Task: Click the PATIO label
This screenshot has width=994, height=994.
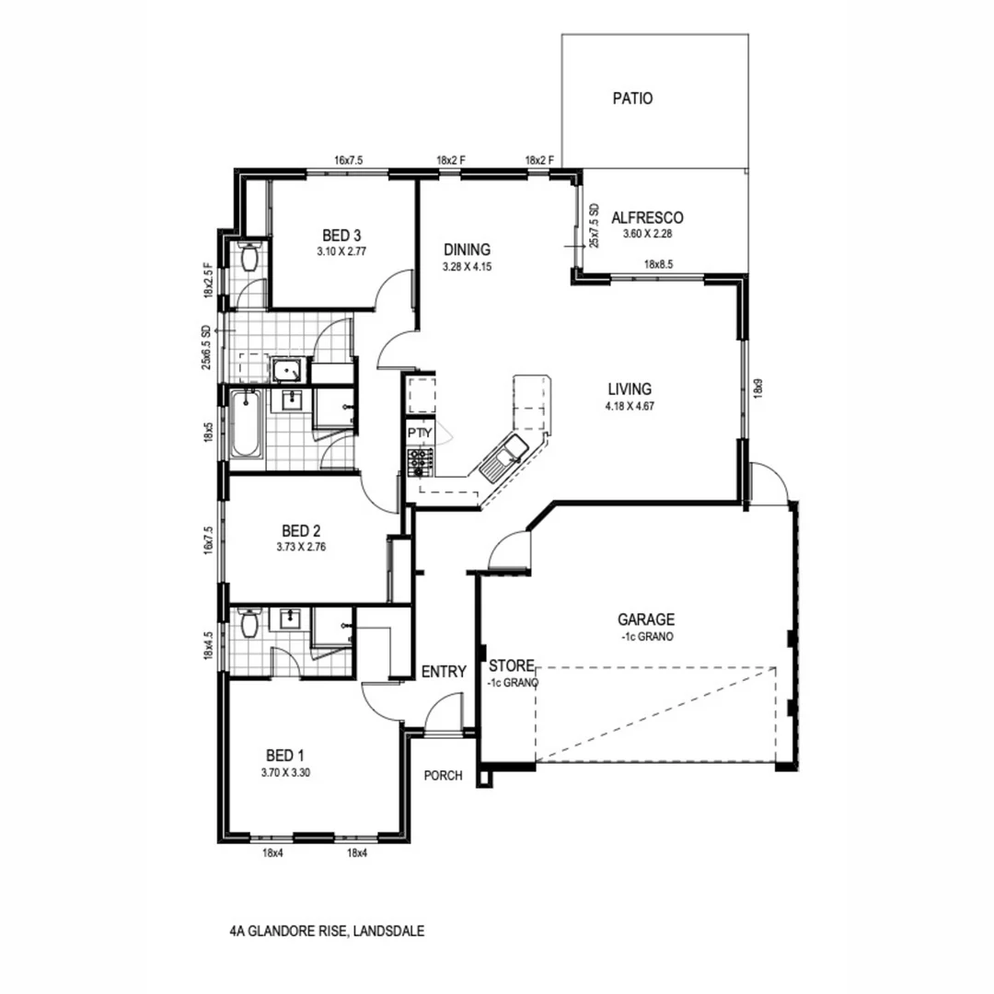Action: pyautogui.click(x=632, y=98)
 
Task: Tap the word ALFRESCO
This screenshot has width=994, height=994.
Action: pyautogui.click(x=647, y=218)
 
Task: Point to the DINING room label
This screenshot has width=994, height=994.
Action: pyautogui.click(x=467, y=249)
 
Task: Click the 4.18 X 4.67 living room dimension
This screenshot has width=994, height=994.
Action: pyautogui.click(x=630, y=405)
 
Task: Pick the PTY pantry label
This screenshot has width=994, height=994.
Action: pyautogui.click(x=418, y=433)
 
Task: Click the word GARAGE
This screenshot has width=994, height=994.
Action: pyautogui.click(x=646, y=619)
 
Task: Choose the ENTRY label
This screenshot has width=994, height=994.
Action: pyautogui.click(x=444, y=672)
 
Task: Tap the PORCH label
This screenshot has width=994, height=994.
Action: pyautogui.click(x=443, y=776)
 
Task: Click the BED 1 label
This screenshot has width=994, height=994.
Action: pyautogui.click(x=284, y=756)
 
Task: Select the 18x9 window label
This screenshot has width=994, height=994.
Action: pyautogui.click(x=758, y=388)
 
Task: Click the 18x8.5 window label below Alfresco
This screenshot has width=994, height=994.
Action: pyautogui.click(x=660, y=265)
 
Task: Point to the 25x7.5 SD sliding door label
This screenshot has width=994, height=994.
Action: pyautogui.click(x=595, y=225)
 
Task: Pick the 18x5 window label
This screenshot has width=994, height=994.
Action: pyautogui.click(x=210, y=432)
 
